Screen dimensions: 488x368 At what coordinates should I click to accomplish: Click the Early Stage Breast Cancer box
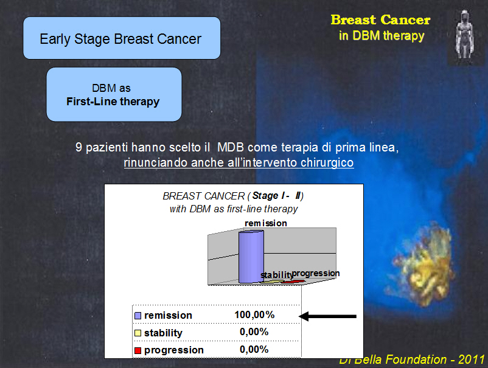pyautogui.click(x=122, y=38)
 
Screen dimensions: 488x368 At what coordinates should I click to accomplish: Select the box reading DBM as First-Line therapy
pyautogui.click(x=114, y=94)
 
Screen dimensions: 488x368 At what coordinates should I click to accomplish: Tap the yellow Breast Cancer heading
pyautogui.click(x=380, y=20)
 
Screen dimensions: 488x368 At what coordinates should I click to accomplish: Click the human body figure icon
pyautogui.click(x=465, y=34)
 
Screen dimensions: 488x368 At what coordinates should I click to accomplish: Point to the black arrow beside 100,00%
pyautogui.click(x=327, y=316)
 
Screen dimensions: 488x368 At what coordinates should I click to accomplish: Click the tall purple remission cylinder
pyautogui.click(x=251, y=257)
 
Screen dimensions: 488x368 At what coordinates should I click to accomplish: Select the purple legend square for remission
pyautogui.click(x=138, y=316)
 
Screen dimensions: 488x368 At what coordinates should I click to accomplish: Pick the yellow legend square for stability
pyautogui.click(x=138, y=333)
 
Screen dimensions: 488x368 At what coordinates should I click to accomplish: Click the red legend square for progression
pyautogui.click(x=138, y=350)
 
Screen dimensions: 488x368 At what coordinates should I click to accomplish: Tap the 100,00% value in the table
pyautogui.click(x=254, y=315)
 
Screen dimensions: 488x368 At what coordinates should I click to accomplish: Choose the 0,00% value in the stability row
pyautogui.click(x=254, y=332)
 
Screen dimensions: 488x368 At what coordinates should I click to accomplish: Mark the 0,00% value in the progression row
pyautogui.click(x=254, y=349)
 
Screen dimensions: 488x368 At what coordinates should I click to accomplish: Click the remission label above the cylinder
pyautogui.click(x=266, y=223)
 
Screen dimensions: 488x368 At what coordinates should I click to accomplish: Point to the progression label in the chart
pyautogui.click(x=316, y=273)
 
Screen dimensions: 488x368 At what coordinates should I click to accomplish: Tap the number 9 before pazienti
pyautogui.click(x=78, y=147)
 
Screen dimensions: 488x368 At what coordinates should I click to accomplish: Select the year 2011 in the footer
pyautogui.click(x=471, y=359)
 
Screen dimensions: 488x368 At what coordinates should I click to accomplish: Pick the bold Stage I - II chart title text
pyautogui.click(x=276, y=196)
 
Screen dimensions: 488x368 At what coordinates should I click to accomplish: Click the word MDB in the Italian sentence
pyautogui.click(x=230, y=147)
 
